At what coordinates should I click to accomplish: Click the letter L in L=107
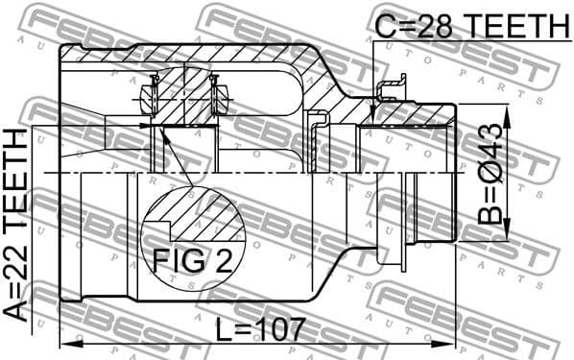coord(222,329)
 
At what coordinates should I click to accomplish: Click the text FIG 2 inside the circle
coord(193,260)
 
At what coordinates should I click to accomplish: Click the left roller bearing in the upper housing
coord(149,96)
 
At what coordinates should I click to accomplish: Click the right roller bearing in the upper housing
coord(219,96)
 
